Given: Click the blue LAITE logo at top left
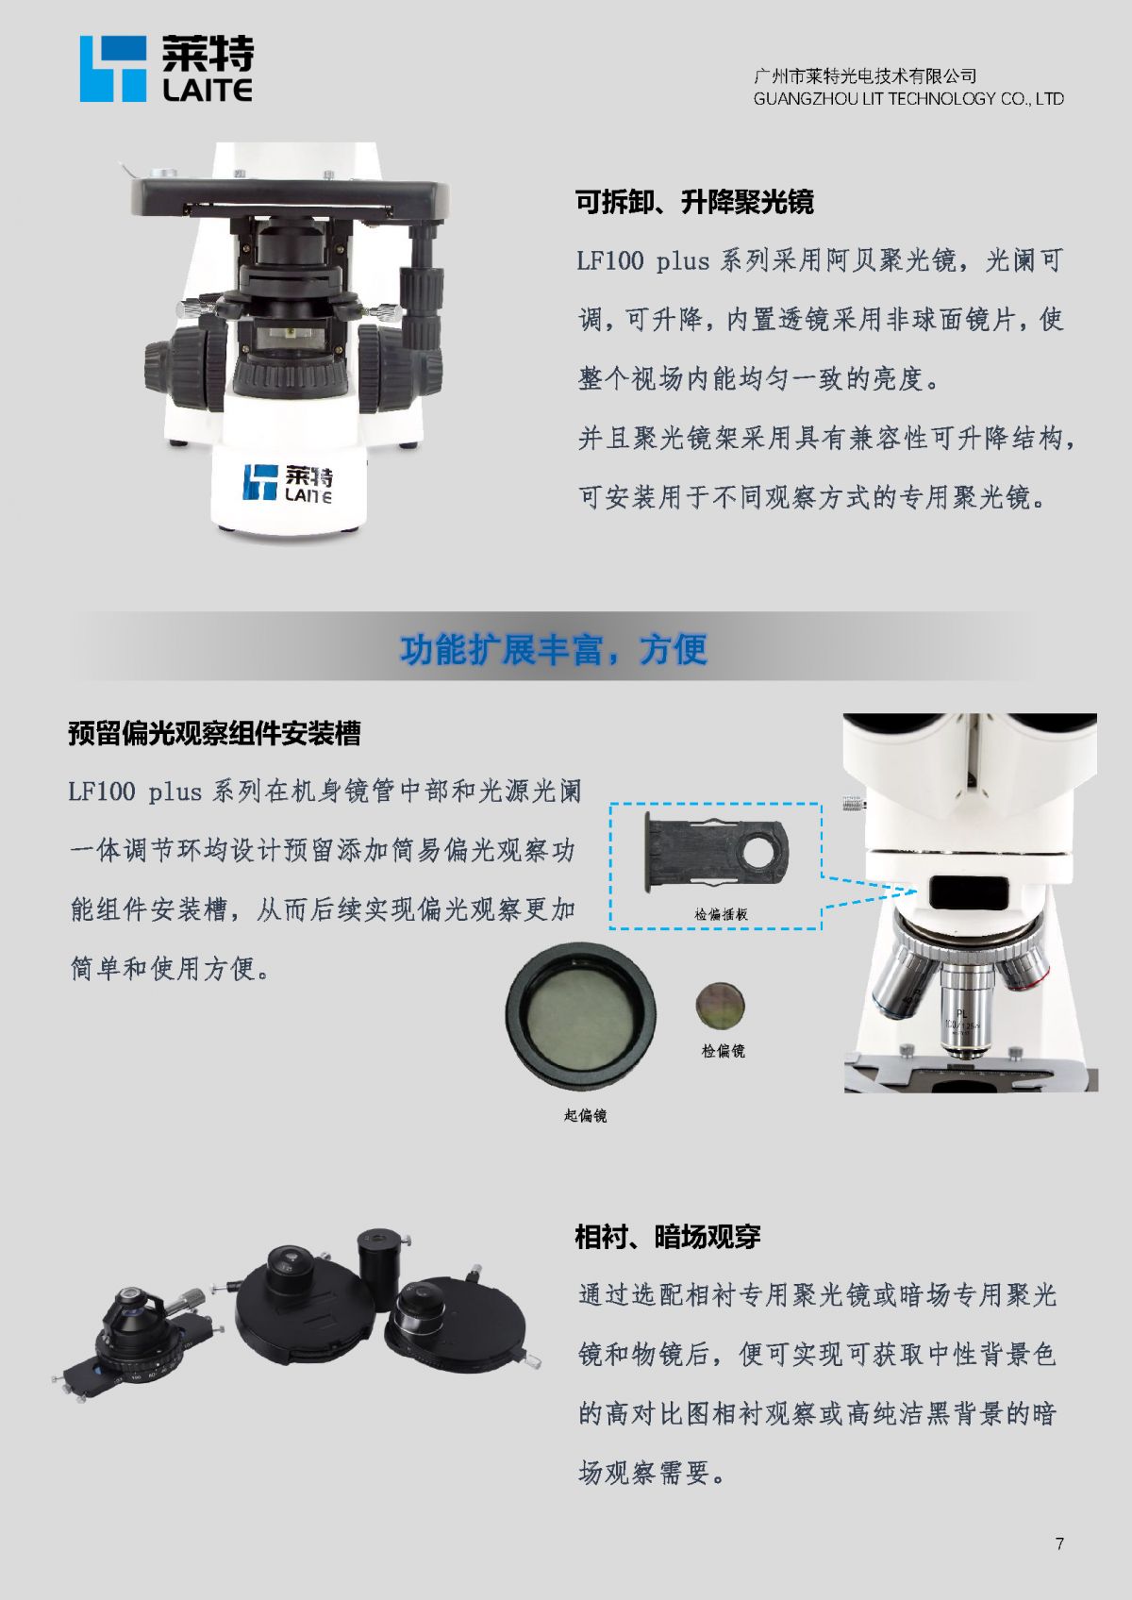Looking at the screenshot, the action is [x=166, y=69].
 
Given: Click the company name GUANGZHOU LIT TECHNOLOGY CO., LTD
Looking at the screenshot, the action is [x=908, y=98].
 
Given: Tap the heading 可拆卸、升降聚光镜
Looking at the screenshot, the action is [x=694, y=202].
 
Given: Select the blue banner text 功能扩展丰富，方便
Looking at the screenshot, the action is [x=554, y=649].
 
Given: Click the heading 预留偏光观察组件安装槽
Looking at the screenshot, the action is [x=214, y=733].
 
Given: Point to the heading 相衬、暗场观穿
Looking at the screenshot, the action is [x=668, y=1237].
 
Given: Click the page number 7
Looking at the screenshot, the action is [x=1060, y=1543].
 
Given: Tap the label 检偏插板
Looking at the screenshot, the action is [x=722, y=913].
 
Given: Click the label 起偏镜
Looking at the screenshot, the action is [x=585, y=1116].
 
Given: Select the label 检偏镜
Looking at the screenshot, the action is [x=723, y=1051].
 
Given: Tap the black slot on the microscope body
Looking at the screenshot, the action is [x=969, y=892].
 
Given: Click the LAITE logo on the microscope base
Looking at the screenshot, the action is [x=288, y=484].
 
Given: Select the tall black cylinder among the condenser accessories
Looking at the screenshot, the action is [x=378, y=1267].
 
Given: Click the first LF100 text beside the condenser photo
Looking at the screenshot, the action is [x=610, y=260].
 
